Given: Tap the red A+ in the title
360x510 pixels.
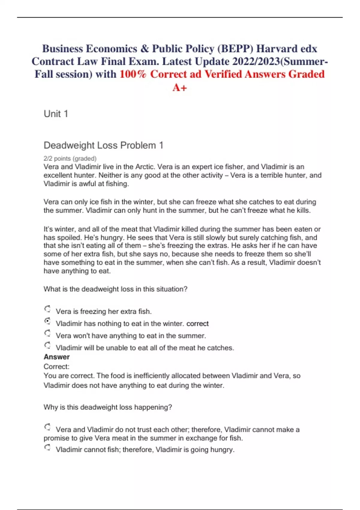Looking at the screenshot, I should (180, 87).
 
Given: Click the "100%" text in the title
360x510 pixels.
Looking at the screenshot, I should (133, 74).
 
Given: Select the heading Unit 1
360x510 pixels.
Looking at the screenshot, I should (56, 114).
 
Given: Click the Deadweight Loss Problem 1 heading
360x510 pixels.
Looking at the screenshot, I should (103, 145).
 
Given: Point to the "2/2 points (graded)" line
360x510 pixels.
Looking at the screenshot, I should (70, 158).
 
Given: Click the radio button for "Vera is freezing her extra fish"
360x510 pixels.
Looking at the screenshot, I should (47, 309).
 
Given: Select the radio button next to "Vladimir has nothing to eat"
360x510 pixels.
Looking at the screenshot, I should (47, 321).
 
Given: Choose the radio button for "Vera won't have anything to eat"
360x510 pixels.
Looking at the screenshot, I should (47, 333).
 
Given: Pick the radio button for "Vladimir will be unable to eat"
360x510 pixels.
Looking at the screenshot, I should (47, 345).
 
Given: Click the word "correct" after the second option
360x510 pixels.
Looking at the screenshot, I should (197, 324).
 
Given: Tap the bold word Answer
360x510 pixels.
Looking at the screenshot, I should (57, 357).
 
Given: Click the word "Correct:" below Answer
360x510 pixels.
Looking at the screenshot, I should (56, 367).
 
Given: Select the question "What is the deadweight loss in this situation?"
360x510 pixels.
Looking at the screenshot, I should (115, 289).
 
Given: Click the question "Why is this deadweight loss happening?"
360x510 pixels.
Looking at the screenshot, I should (108, 407).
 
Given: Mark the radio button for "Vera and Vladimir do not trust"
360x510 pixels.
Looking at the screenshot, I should (47, 427).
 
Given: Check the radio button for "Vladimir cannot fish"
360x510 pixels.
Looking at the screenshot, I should (47, 448).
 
